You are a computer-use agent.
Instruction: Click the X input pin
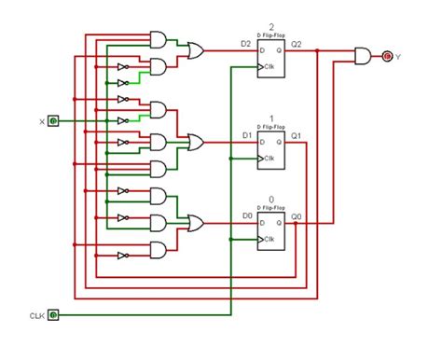[x=54, y=121]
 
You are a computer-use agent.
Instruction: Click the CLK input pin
[x=54, y=314]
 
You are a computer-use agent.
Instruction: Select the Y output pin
[x=388, y=56]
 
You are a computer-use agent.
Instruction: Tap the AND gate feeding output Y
[x=361, y=56]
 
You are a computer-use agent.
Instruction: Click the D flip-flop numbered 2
[x=272, y=58]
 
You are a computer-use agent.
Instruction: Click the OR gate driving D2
[x=196, y=50]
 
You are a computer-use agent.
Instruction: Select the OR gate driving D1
[x=196, y=142]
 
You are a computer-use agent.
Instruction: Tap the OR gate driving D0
[x=196, y=223]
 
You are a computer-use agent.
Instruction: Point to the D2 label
[x=245, y=44]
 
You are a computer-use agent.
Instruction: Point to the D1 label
[x=247, y=135]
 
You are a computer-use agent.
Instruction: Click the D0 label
[x=247, y=216]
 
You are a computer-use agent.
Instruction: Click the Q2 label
[x=297, y=44]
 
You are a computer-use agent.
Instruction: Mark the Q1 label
[x=297, y=135]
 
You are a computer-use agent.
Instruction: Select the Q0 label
[x=297, y=216]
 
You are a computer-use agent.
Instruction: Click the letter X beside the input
[x=41, y=122]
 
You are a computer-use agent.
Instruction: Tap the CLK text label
[x=35, y=315]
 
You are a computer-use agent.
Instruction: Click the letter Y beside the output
[x=399, y=57]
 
